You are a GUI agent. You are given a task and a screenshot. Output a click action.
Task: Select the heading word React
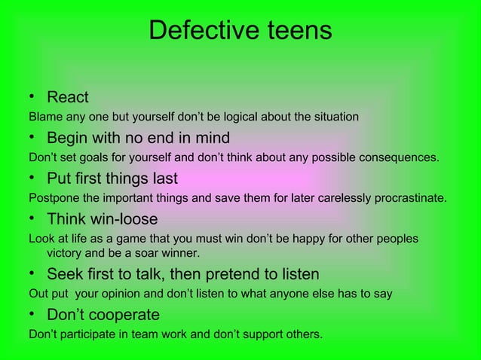68,97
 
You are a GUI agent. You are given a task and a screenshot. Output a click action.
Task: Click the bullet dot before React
32,97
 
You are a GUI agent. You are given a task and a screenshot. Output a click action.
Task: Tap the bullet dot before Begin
32,138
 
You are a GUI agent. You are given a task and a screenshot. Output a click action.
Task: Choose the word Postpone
54,199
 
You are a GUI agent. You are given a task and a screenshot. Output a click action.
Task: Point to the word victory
66,252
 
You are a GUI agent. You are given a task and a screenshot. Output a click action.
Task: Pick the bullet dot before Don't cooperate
32,314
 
